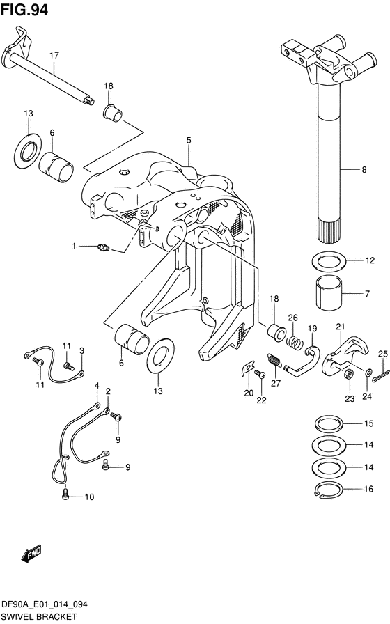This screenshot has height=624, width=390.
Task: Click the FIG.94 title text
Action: pyautogui.click(x=24, y=10)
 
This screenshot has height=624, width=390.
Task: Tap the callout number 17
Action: pyautogui.click(x=54, y=55)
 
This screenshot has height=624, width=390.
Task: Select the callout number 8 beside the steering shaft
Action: pyautogui.click(x=364, y=169)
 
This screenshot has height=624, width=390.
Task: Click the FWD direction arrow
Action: pyautogui.click(x=32, y=554)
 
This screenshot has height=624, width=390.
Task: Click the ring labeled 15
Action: pyautogui.click(x=329, y=423)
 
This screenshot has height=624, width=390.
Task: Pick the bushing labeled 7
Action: pyautogui.click(x=329, y=293)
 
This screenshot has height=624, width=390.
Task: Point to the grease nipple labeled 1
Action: pyautogui.click(x=104, y=249)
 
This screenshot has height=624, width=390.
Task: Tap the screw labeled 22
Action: pyautogui.click(x=260, y=374)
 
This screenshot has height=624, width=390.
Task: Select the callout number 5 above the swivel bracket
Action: pyautogui.click(x=189, y=140)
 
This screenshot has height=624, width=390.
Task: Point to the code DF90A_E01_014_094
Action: pyautogui.click(x=45, y=605)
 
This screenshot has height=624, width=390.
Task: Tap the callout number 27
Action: pyautogui.click(x=276, y=383)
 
